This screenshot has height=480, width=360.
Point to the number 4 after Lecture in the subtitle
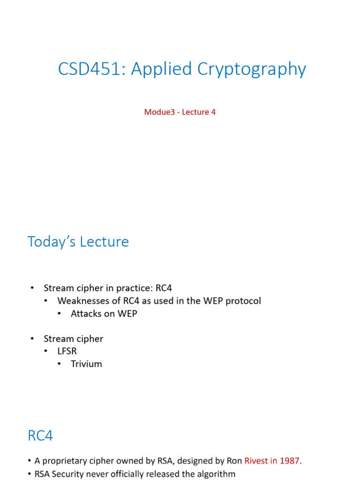pos(213,112)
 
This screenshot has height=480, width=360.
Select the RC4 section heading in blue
pos(40,436)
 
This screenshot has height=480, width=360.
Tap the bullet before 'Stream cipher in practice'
pos(32,288)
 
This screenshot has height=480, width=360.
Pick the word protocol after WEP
pos(243,301)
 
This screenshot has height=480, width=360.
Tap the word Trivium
pos(86,364)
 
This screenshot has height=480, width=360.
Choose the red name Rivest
pos(257,461)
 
